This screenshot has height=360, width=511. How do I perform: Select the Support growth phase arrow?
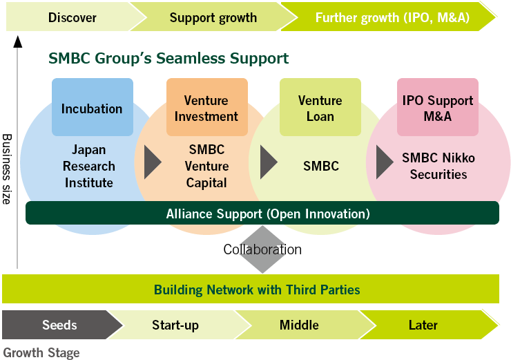(x=213, y=17)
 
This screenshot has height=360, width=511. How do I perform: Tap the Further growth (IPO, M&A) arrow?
(x=392, y=17)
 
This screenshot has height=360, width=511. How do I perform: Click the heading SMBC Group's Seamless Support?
(x=168, y=59)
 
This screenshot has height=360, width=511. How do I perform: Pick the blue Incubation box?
(x=92, y=108)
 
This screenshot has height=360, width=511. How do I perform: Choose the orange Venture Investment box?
(x=206, y=108)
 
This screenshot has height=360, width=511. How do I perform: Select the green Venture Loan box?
(x=320, y=108)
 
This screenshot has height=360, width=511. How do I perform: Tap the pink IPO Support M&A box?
(x=437, y=108)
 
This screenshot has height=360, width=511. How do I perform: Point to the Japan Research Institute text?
(x=88, y=166)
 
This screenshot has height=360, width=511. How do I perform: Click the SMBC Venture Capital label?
(x=207, y=166)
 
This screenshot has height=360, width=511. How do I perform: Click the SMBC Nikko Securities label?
(x=438, y=166)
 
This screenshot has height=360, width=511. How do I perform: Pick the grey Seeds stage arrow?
(x=59, y=325)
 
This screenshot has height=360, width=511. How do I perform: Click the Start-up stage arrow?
(x=175, y=325)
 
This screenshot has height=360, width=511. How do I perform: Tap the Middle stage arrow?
(x=299, y=325)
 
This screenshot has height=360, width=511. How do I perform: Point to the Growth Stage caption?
(x=41, y=352)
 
